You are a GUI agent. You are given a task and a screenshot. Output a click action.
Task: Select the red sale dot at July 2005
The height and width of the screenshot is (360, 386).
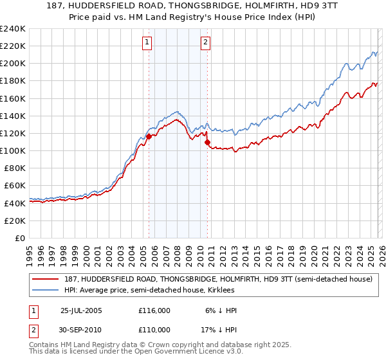click(x=149, y=136)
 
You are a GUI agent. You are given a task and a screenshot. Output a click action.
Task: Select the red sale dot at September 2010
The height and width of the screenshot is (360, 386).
click(x=208, y=142)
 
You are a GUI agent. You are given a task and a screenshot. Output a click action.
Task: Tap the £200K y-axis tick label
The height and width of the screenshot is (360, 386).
click(x=13, y=63)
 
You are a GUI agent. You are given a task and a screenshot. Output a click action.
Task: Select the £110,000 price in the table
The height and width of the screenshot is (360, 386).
click(x=154, y=328)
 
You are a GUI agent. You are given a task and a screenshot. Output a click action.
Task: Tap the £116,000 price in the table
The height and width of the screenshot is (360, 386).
click(x=154, y=310)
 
